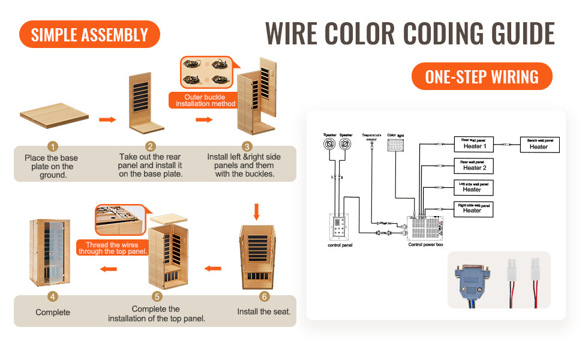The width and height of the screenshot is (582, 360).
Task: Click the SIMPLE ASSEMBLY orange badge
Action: [x=89, y=34]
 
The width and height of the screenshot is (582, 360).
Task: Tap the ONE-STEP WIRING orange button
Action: [x=482, y=77]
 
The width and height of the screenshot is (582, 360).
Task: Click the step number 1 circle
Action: [x=53, y=146]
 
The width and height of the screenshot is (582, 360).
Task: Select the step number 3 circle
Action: [x=247, y=146]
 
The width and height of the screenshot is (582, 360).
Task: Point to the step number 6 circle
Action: [x=264, y=296]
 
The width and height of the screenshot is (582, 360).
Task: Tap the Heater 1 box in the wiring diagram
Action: [x=474, y=144]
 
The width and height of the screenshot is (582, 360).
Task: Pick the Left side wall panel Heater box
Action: [x=473, y=187]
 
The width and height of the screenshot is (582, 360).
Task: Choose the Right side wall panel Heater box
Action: [x=473, y=209]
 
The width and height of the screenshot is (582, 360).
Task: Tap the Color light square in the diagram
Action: [x=396, y=149]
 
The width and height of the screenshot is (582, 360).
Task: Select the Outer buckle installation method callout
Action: [x=202, y=100]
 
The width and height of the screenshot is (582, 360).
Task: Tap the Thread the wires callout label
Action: [x=112, y=248]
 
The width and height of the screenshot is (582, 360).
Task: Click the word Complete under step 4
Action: [x=53, y=312]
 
